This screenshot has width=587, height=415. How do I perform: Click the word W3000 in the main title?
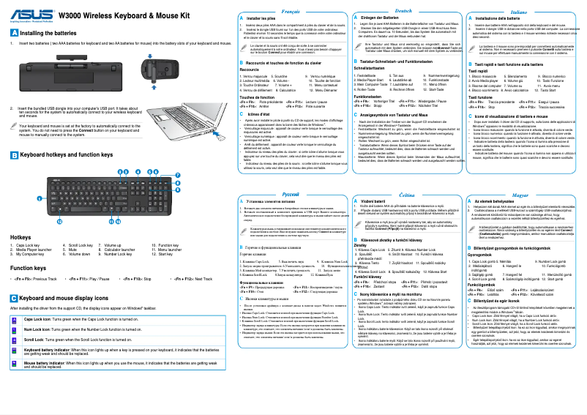click(71, 15)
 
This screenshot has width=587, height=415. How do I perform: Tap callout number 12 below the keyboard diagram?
click(60, 220)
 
